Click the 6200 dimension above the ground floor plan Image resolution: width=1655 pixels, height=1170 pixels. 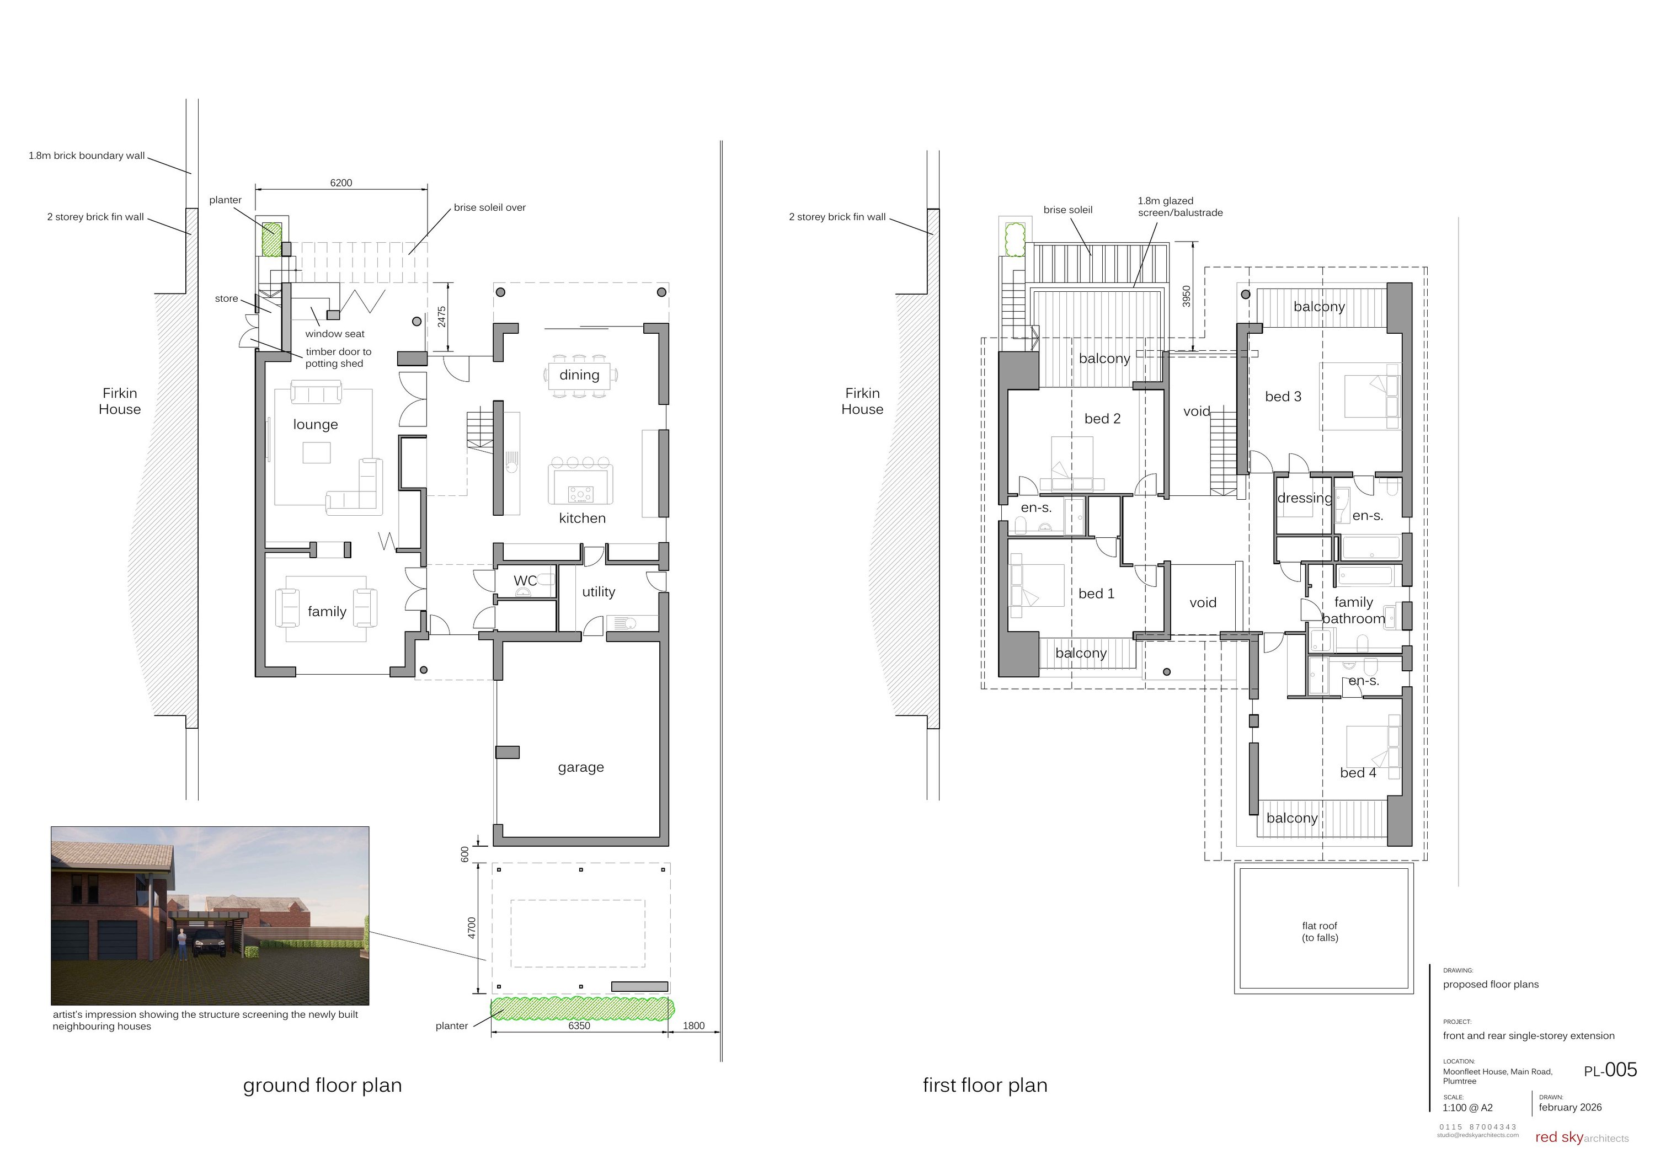coord(341,183)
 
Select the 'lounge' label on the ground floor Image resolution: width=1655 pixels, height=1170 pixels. coord(315,425)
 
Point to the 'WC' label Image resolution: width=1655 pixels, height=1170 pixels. coord(525,581)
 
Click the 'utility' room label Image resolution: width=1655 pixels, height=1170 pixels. coord(598,592)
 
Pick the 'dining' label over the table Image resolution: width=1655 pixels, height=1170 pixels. coord(579,375)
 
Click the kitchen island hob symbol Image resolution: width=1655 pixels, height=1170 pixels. coord(580,494)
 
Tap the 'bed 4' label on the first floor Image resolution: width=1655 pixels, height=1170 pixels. coord(1357,773)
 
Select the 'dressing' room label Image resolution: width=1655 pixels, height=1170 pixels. coord(1304,498)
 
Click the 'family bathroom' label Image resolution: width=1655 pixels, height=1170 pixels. coord(1353,611)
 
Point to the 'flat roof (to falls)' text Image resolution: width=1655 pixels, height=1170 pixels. coord(1319,931)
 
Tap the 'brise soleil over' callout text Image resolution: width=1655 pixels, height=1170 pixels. coord(489,207)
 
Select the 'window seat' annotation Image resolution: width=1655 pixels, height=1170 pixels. coord(334,334)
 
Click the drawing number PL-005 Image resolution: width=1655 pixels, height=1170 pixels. coord(1610,1071)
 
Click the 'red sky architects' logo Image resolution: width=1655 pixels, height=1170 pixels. coord(1581,1137)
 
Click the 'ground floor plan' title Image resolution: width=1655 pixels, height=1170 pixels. coord(322,1086)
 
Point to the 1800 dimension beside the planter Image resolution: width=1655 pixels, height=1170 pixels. coord(693,1026)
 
